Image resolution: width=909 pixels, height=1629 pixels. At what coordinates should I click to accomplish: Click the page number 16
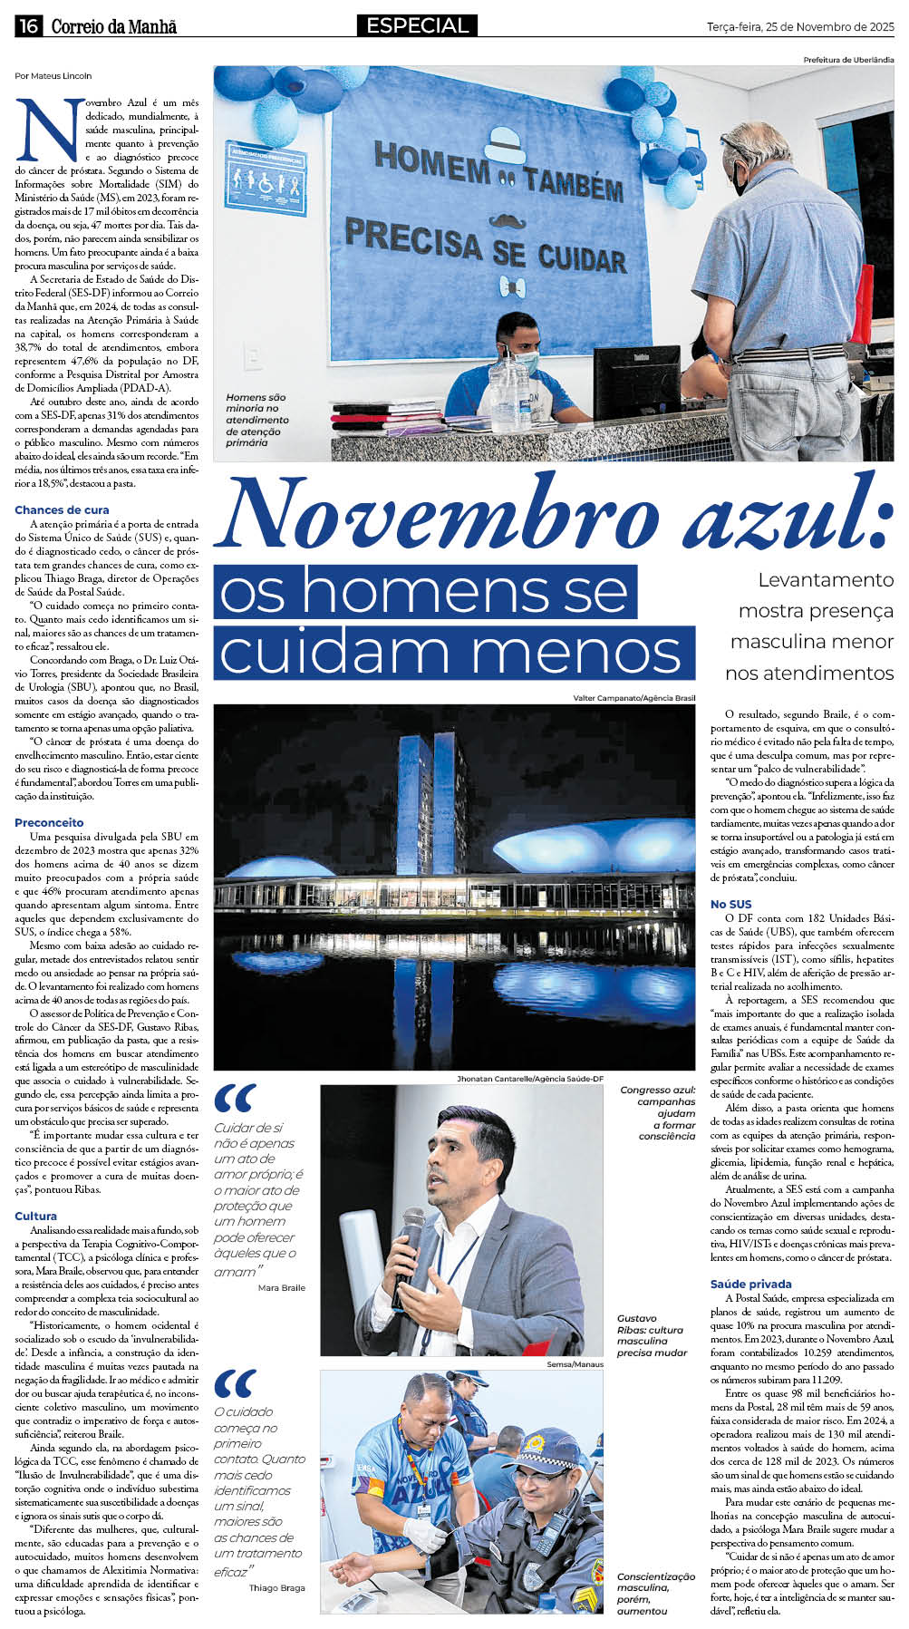click(28, 26)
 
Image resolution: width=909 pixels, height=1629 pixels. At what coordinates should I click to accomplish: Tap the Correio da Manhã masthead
click(113, 27)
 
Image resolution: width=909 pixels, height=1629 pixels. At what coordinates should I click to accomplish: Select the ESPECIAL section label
click(417, 26)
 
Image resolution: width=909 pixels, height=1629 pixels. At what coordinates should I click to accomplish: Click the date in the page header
click(799, 27)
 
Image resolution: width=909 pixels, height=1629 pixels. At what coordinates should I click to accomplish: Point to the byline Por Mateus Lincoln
click(53, 76)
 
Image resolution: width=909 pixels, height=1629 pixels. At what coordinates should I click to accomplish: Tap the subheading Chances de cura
click(62, 510)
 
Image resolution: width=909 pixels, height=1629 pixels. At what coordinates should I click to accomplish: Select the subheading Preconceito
click(49, 823)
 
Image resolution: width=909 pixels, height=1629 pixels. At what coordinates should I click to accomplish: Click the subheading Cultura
click(35, 1216)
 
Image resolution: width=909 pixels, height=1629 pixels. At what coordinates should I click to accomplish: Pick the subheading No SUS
click(730, 904)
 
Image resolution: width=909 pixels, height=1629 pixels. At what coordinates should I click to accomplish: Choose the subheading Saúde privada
click(750, 1284)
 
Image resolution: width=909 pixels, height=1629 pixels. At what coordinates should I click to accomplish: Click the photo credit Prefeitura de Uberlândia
click(847, 60)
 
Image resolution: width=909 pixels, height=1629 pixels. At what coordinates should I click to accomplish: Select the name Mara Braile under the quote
click(282, 1287)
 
